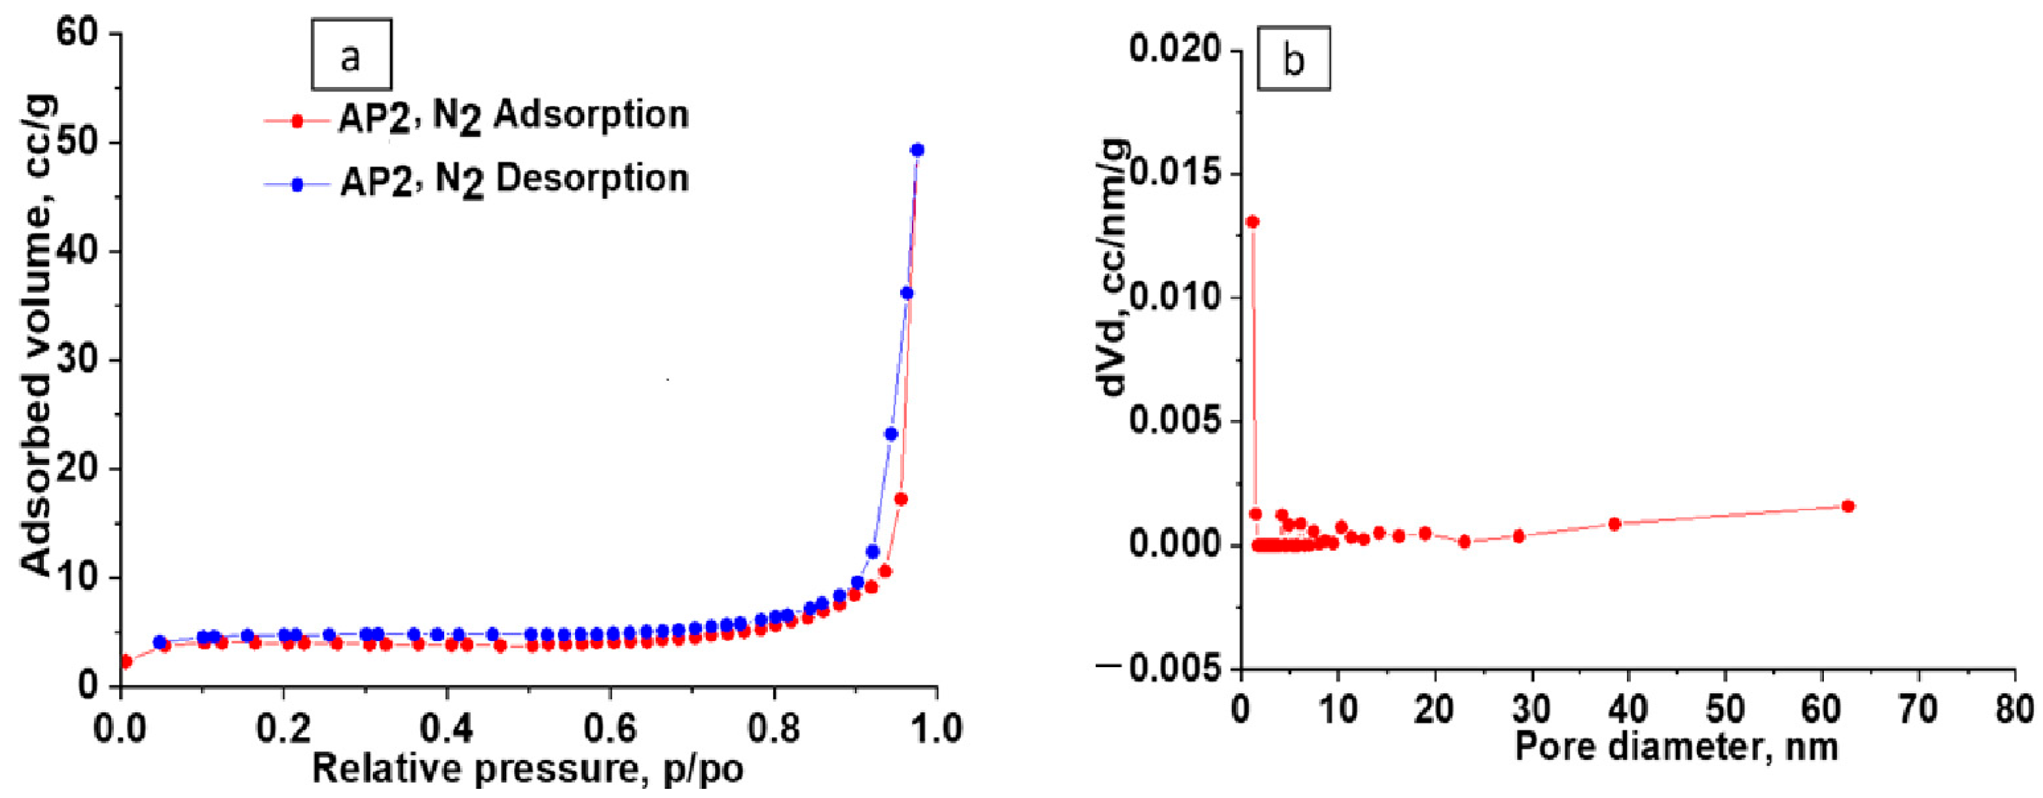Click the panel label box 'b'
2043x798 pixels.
[1293, 60]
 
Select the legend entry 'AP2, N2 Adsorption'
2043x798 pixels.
[476, 117]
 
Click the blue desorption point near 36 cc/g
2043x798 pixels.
[907, 294]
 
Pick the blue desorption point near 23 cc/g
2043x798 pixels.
[890, 434]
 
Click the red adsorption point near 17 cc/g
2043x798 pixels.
[901, 499]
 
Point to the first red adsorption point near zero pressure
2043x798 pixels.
[126, 661]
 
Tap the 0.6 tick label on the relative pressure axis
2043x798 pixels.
[609, 729]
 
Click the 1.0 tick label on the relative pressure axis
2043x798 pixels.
[936, 729]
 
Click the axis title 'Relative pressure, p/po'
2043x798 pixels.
[527, 769]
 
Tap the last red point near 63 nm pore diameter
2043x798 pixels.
[1847, 506]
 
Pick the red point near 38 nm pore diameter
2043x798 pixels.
[1614, 523]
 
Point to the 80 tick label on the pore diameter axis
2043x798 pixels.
[2014, 709]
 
